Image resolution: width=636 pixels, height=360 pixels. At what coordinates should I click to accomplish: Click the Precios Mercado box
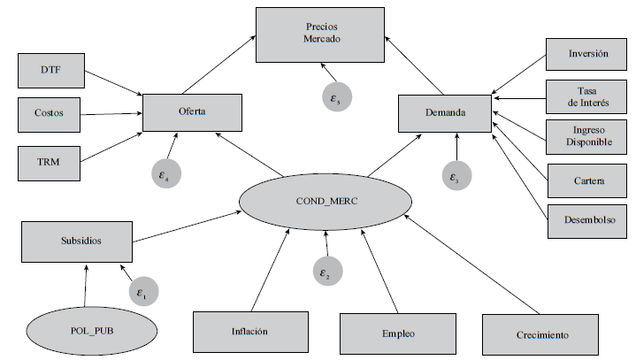pyautogui.click(x=320, y=34)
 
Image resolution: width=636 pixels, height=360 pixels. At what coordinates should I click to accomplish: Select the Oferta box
pyautogui.click(x=192, y=112)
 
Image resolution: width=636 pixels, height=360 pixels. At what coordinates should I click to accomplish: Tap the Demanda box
pyautogui.click(x=444, y=112)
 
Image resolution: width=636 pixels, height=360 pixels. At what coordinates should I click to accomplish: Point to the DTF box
pyautogui.click(x=50, y=69)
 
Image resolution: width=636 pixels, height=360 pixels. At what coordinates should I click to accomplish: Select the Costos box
pyautogui.click(x=50, y=113)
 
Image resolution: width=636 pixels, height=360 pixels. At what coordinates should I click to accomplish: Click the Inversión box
pyautogui.click(x=588, y=54)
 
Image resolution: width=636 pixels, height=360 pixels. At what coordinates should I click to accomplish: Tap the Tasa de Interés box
pyautogui.click(x=588, y=96)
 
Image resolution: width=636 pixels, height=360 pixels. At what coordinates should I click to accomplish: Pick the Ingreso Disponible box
pyautogui.click(x=588, y=137)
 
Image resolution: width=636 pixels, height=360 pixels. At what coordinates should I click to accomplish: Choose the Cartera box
pyautogui.click(x=588, y=180)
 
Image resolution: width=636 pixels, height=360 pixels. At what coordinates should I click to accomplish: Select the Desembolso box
pyautogui.click(x=588, y=219)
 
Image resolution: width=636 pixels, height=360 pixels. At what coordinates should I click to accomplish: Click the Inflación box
pyautogui.click(x=249, y=332)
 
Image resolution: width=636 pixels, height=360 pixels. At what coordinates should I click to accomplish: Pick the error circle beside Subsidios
pyautogui.click(x=142, y=290)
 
